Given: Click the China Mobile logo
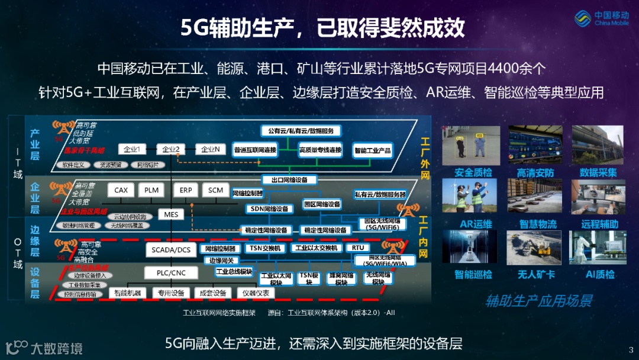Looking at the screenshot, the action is tap(603, 18).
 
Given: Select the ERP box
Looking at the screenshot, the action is tap(186, 190).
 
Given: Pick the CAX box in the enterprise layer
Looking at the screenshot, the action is tap(121, 190).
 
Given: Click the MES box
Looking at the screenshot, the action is tap(171, 214).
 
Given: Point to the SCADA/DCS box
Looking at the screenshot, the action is tap(171, 250).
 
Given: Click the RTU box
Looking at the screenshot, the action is tap(357, 247).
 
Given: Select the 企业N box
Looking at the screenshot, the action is tap(211, 149).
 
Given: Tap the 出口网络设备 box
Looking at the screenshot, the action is tap(289, 179).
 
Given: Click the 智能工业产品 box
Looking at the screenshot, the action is tap(372, 150).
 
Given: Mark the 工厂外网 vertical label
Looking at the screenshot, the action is tap(425, 159).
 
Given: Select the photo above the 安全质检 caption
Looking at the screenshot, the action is tap(472, 145).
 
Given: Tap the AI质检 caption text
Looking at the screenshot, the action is tap(600, 274).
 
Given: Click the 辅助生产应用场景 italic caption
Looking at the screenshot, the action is tap(538, 300).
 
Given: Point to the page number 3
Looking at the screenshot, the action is tap(631, 350).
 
